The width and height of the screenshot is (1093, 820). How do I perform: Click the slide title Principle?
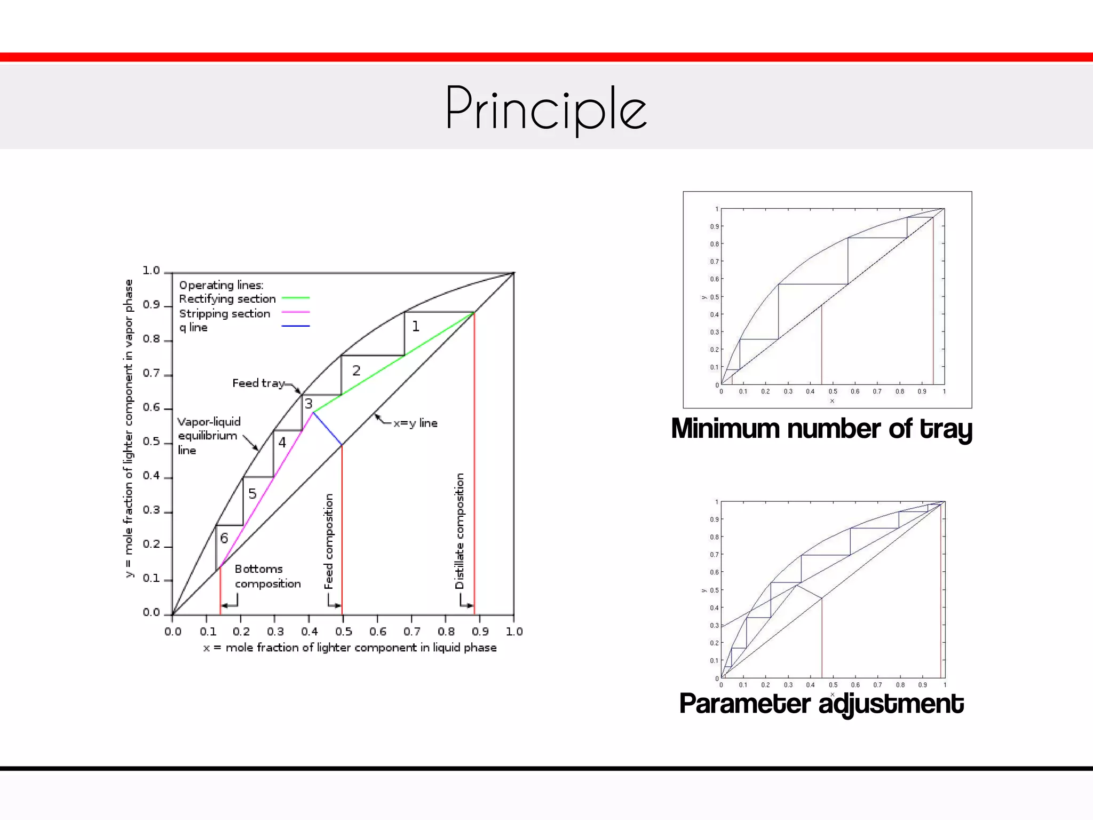(x=545, y=109)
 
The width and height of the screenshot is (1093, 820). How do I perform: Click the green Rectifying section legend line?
(x=295, y=298)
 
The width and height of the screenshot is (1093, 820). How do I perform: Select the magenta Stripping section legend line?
(x=295, y=312)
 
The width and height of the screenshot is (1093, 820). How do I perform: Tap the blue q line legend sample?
(x=295, y=326)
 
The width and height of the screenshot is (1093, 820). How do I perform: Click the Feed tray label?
(x=258, y=383)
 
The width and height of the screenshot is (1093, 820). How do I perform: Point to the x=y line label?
(x=415, y=423)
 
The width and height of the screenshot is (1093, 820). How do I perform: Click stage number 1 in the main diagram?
(x=416, y=326)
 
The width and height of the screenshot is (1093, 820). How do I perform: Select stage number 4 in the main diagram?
(x=282, y=442)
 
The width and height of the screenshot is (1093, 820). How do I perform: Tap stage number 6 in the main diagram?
(x=224, y=538)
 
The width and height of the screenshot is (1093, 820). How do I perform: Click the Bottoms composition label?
(x=267, y=577)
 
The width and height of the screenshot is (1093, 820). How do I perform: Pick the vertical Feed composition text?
(x=329, y=541)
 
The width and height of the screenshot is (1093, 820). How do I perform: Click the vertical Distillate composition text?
(x=460, y=531)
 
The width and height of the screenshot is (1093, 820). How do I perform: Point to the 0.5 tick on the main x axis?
(x=344, y=632)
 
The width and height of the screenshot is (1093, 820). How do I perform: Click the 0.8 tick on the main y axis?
(x=152, y=339)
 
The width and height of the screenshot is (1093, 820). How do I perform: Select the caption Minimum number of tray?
(x=821, y=429)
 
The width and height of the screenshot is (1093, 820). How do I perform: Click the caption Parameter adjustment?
(x=821, y=704)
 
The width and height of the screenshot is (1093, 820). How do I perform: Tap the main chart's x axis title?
(x=350, y=648)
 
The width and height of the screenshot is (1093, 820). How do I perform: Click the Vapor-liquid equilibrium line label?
(x=209, y=436)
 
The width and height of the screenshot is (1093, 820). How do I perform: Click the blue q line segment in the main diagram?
(x=327, y=429)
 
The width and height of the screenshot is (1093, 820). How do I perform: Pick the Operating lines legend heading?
(x=221, y=285)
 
